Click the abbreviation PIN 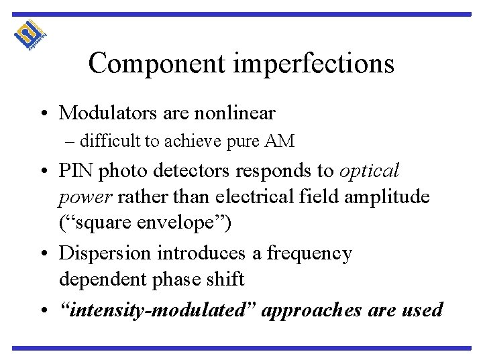78,171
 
